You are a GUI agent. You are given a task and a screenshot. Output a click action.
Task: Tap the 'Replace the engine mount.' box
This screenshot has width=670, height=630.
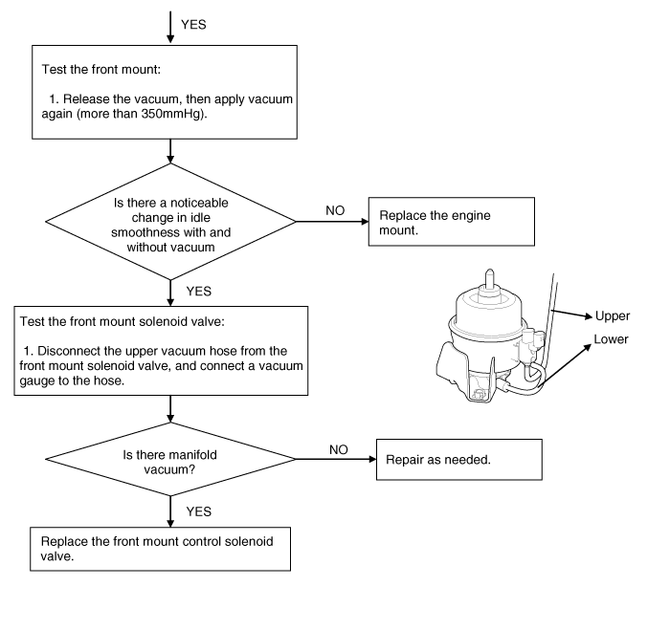pos(450,223)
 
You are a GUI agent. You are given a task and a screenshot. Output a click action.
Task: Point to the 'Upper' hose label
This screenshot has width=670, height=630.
pos(613,316)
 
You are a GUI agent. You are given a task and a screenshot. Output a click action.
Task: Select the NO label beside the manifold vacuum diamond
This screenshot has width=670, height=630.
pos(338,447)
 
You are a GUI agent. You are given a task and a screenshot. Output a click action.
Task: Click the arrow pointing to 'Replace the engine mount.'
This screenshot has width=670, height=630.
pos(330,222)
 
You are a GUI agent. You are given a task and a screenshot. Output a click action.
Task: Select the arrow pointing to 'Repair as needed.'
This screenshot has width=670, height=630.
pos(335,460)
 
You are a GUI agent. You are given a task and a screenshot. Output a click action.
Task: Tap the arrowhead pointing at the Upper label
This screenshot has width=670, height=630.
pos(585,315)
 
